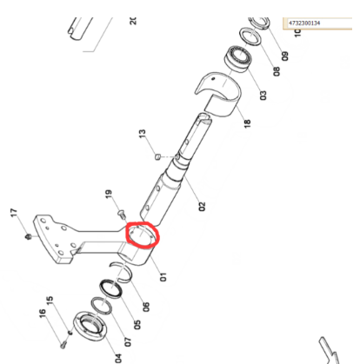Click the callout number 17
[x=14, y=213]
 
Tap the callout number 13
[x=143, y=134]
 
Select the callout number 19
[x=109, y=194]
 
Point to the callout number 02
[x=202, y=207]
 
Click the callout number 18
[x=247, y=123]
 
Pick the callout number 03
[x=263, y=96]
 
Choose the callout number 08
[x=277, y=71]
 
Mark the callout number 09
[x=285, y=56]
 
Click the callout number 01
[x=163, y=277]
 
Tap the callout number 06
[x=146, y=307]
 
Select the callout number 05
[x=137, y=325]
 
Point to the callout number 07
[x=128, y=342]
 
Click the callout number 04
[x=118, y=359]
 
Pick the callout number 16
[x=43, y=314]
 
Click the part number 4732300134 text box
[x=317, y=23]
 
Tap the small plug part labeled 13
[x=157, y=157]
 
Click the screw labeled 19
[x=122, y=214]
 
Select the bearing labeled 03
[x=238, y=59]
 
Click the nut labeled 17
[x=29, y=237]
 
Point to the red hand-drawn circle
[x=126, y=234]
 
